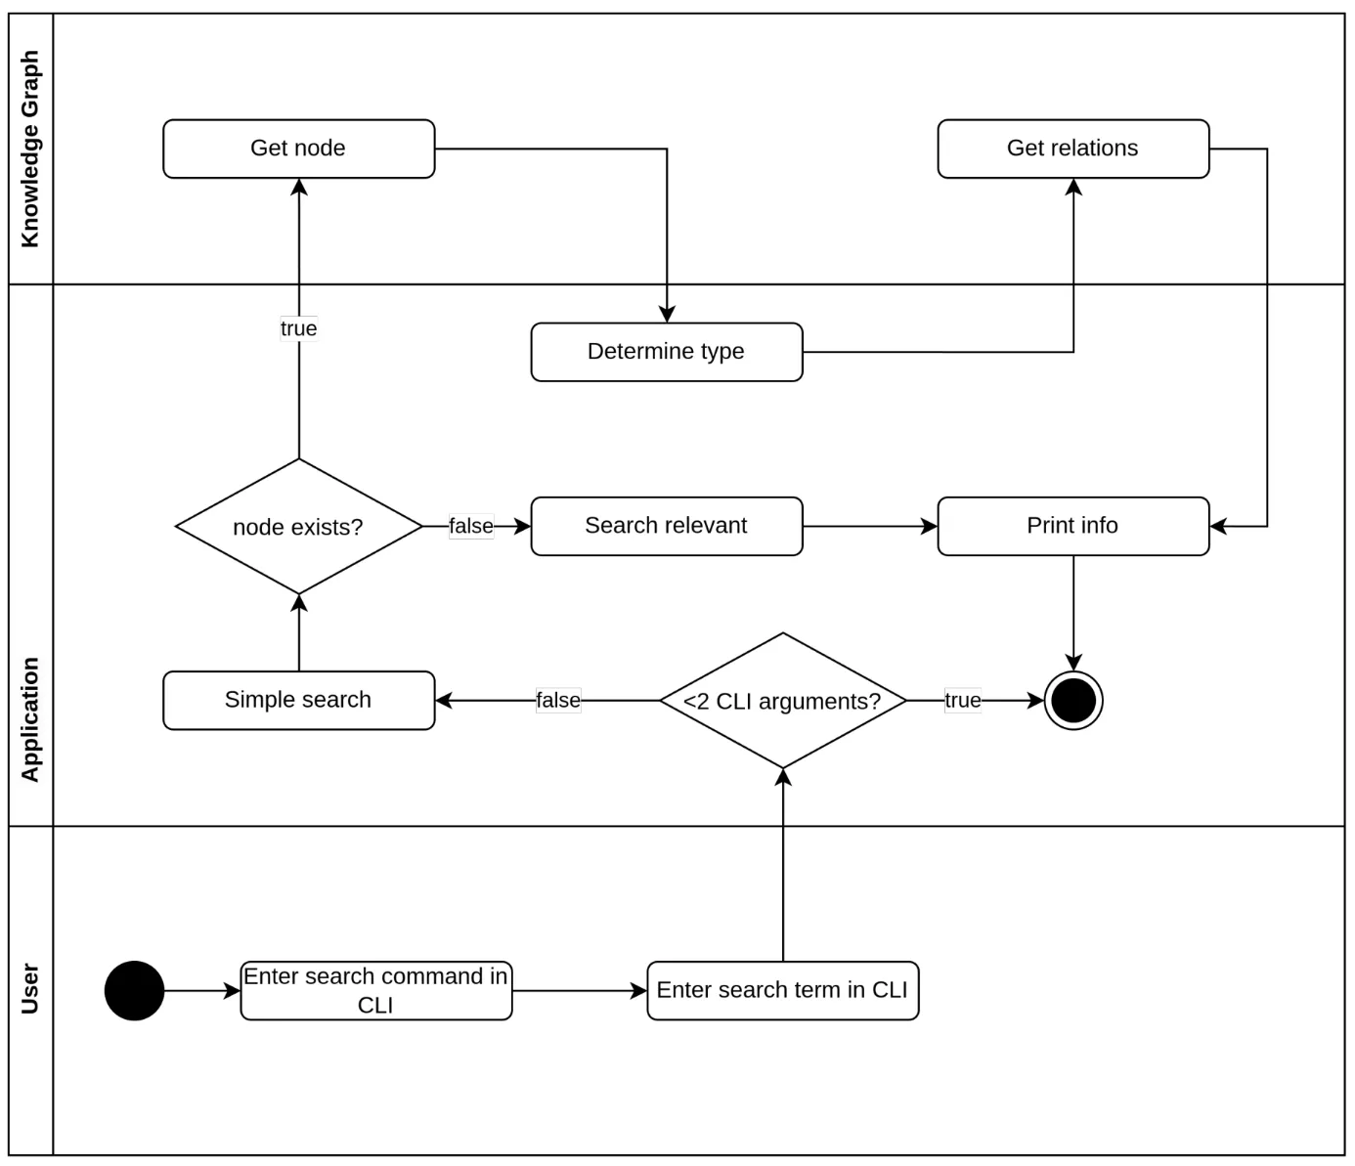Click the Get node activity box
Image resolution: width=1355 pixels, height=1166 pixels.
[298, 149]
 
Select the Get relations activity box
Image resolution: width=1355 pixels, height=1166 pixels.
[1072, 149]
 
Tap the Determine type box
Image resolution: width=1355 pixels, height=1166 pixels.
[666, 352]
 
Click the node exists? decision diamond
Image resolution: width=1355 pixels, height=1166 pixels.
[298, 526]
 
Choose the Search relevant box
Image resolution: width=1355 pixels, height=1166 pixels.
[666, 526]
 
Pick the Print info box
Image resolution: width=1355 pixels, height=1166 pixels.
[1072, 526]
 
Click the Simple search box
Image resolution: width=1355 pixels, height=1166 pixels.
[298, 700]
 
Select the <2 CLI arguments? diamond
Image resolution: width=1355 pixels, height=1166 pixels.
[782, 701]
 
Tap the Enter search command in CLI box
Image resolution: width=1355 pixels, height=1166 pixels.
[375, 990]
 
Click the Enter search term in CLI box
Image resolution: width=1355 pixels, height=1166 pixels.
[782, 990]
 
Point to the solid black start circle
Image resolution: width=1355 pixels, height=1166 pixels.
[134, 990]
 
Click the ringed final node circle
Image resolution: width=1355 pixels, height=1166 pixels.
[1072, 701]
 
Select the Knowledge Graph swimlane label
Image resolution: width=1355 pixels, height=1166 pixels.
[30, 149]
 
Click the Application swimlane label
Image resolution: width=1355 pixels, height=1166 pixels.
[30, 718]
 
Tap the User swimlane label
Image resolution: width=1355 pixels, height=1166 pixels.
[30, 989]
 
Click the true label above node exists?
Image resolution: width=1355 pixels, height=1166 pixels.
[298, 328]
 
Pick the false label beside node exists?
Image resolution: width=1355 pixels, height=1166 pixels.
[470, 526]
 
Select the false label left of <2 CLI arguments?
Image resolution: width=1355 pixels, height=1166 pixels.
[557, 701]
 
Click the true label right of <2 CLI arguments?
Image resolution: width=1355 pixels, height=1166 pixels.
[962, 701]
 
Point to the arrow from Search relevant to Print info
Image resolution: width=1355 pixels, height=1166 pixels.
[869, 526]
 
